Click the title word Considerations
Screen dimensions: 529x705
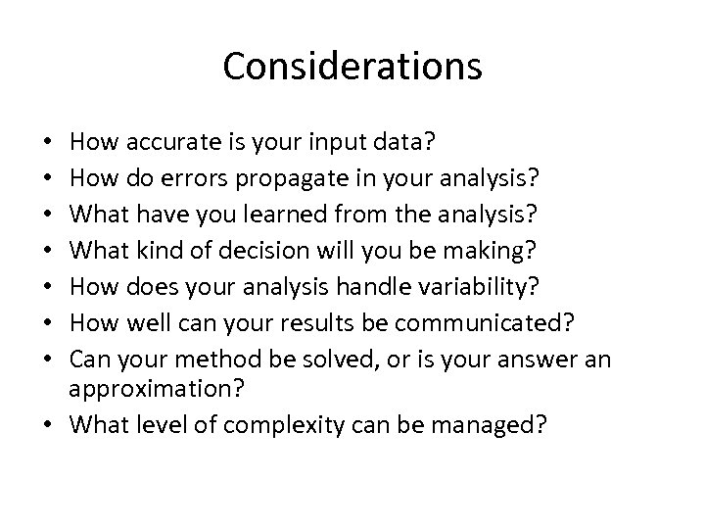coord(352,67)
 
